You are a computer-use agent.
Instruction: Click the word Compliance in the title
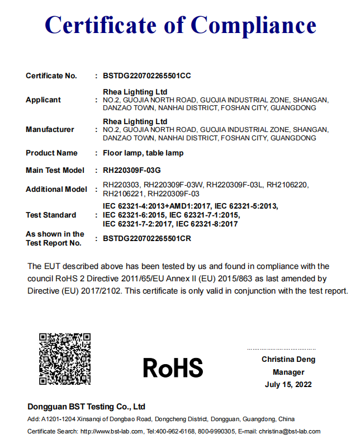coord(254,25)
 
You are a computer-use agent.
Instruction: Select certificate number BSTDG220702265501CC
coord(148,76)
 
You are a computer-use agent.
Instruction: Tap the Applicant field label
coord(43,100)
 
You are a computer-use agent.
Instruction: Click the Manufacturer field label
coord(50,129)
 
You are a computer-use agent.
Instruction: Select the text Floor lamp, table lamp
coord(143,153)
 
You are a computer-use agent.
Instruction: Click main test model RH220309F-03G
coord(135,170)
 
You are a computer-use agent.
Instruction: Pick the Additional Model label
coord(56,189)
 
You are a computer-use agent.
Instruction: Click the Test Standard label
coord(51,215)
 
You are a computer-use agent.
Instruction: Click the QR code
coord(65,359)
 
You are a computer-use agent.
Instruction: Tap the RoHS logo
coord(173,367)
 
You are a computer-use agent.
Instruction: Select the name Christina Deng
coord(288,360)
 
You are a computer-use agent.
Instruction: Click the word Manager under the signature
coord(288,372)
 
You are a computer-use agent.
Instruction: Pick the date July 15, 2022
coord(288,384)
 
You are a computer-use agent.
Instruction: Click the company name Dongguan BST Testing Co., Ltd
coord(87,407)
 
